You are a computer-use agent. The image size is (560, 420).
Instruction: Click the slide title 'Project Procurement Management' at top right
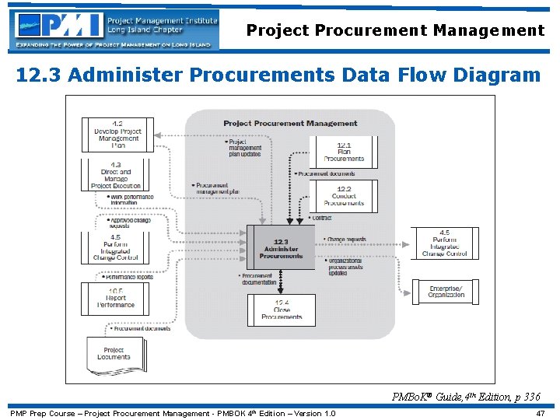[x=395, y=31]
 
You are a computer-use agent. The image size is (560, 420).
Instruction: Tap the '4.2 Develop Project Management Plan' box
[x=117, y=135]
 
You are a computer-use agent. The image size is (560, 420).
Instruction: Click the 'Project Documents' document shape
[x=114, y=354]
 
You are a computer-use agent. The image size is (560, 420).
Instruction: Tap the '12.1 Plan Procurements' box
[x=343, y=151]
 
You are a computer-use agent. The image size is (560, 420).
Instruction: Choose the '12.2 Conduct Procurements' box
[x=343, y=195]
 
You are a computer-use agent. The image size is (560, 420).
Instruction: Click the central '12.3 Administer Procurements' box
[x=281, y=247]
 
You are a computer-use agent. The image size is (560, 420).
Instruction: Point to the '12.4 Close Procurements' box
[x=282, y=309]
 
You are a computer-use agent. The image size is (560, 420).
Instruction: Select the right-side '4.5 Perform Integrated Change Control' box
[x=444, y=243]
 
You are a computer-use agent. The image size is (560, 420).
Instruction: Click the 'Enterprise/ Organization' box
[x=446, y=292]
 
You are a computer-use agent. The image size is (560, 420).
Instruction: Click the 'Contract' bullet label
[x=320, y=218]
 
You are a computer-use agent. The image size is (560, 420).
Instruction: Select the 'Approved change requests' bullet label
[x=129, y=223]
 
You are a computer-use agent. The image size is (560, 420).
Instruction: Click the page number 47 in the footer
[x=541, y=413]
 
